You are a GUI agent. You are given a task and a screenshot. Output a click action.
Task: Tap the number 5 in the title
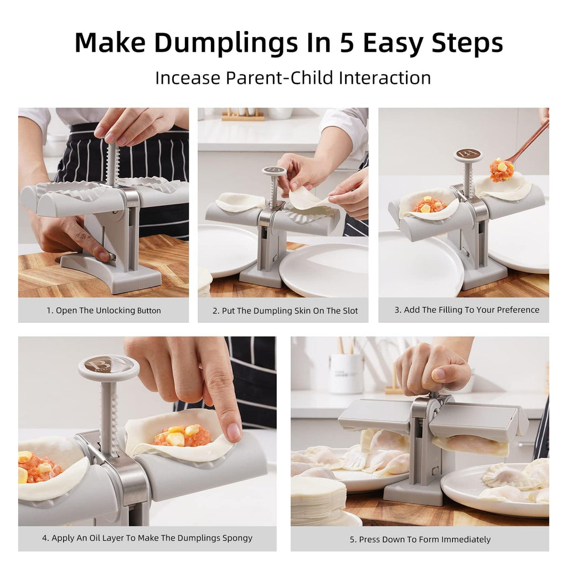pos(347,43)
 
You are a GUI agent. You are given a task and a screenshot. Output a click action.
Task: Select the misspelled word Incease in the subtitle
pos(187,78)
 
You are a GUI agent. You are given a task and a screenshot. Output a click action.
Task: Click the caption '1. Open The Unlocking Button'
pos(104,311)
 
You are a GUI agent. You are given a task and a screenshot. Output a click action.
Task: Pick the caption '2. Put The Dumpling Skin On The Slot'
pos(283,311)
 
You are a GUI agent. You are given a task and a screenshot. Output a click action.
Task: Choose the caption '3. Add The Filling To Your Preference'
pos(463,310)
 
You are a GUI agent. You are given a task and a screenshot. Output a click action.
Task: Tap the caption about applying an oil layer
pos(147,538)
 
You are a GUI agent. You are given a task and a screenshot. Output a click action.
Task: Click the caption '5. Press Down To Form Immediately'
pos(420,539)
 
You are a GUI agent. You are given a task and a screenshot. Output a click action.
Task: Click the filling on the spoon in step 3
pos(501,169)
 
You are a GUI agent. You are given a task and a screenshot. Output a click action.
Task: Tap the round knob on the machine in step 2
pos(274,171)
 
